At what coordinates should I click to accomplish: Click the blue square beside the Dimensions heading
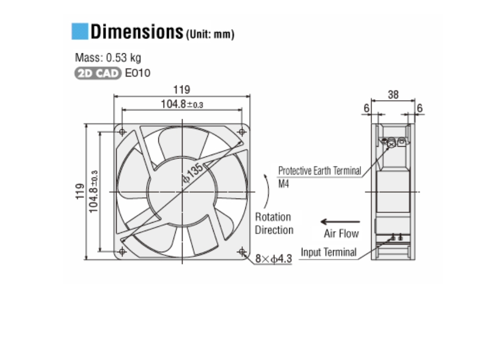79,31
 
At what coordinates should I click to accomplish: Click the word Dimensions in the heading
136,32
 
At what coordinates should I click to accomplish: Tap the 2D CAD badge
98,73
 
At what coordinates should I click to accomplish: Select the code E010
137,73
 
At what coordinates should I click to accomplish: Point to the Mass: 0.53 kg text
108,58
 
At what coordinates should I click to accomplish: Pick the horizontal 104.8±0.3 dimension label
182,104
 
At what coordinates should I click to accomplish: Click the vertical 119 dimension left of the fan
79,192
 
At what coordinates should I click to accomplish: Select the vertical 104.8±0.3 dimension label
94,192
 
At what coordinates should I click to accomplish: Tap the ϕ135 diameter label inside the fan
193,173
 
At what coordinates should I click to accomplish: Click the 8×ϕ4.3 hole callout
273,259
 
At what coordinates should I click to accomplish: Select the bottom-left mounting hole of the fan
122,251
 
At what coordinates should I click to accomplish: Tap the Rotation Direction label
273,223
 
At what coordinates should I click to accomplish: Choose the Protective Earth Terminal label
319,170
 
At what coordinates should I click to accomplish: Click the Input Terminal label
328,252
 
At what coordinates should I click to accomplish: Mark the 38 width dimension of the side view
393,94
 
